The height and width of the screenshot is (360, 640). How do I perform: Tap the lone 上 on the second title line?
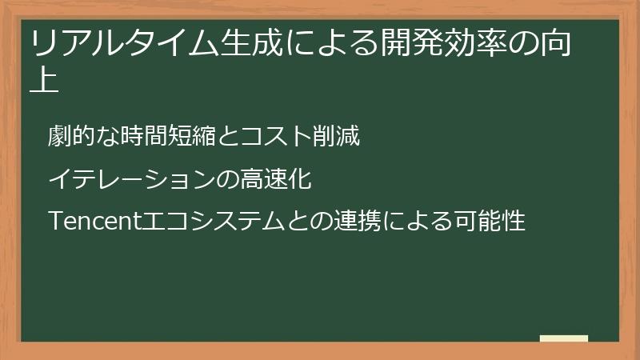click(45, 81)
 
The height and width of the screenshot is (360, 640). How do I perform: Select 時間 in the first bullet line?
click(145, 137)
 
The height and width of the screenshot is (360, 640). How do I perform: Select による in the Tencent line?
click(418, 220)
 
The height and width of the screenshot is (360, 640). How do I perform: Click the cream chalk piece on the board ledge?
click(564, 338)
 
